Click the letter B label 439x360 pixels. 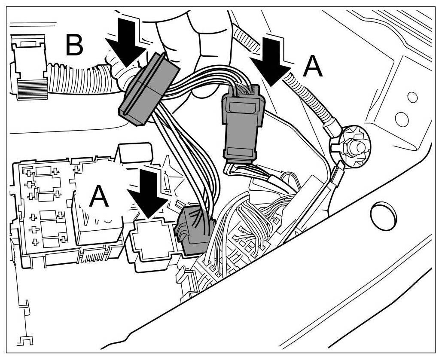point(74,46)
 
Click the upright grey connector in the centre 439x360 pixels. point(242,127)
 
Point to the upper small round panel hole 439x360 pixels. point(412,97)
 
